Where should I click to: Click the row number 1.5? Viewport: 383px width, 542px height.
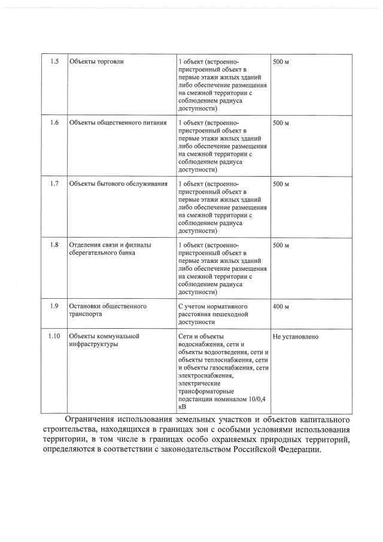54,62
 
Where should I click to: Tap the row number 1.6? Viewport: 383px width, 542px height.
54,122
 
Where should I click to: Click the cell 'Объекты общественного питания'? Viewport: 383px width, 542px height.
117,122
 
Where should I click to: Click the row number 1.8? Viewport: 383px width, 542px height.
54,245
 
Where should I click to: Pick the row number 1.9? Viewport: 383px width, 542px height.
54,306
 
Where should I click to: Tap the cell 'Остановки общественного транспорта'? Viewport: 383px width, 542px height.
108,310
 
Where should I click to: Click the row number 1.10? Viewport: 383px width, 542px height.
54,336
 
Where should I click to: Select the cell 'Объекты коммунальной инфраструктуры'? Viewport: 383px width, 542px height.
104,340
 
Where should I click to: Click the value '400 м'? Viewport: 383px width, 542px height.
281,307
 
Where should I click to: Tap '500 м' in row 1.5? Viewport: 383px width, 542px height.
281,62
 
